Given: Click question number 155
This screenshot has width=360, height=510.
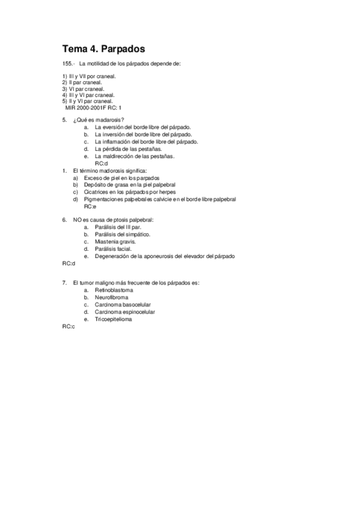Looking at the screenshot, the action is click(x=68, y=64).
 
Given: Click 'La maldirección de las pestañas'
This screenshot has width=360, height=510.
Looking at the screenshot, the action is click(x=135, y=156).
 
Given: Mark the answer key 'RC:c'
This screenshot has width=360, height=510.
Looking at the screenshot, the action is click(x=68, y=326).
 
